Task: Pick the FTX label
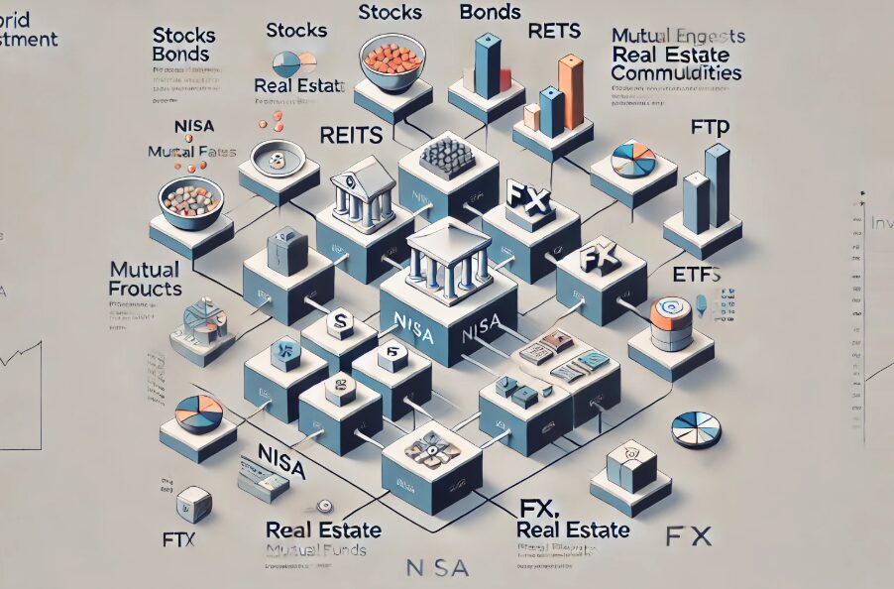pyautogui.click(x=178, y=541)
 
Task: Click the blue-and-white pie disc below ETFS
pyautogui.click(x=696, y=428)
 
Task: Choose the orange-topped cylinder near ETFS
pyautogui.click(x=671, y=322)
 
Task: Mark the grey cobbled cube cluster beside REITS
pyautogui.click(x=446, y=157)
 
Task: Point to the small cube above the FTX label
pyautogui.click(x=193, y=504)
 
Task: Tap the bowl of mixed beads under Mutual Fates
pyautogui.click(x=190, y=199)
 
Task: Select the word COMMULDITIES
pyautogui.click(x=675, y=73)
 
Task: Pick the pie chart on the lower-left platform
pyautogui.click(x=198, y=414)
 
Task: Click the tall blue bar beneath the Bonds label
pyautogui.click(x=488, y=66)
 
